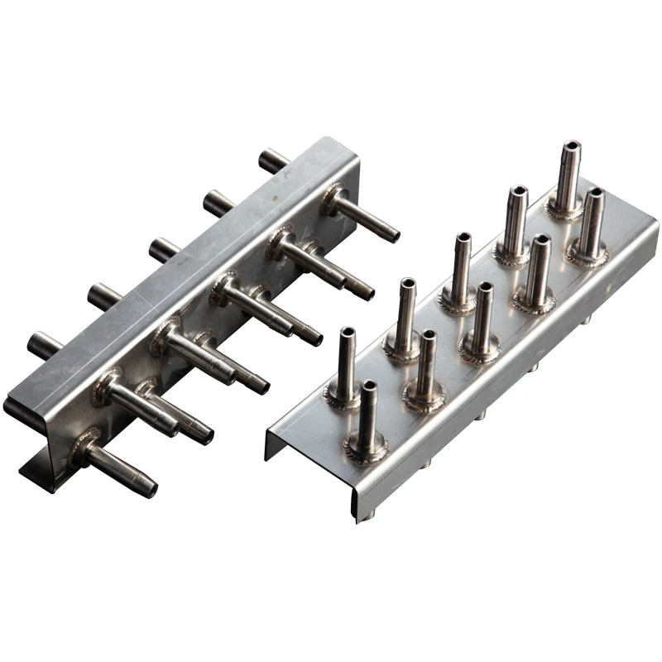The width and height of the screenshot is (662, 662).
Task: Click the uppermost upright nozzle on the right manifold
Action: tap(568, 178)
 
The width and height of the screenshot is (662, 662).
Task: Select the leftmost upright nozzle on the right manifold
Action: tap(344, 364)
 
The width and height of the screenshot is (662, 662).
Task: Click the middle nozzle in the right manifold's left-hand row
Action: tap(459, 269)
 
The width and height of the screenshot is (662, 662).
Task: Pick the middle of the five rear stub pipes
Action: tap(162, 248)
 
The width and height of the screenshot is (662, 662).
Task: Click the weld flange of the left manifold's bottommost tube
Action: tap(82, 447)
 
